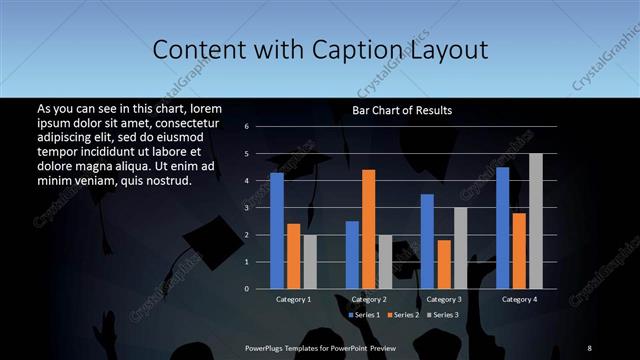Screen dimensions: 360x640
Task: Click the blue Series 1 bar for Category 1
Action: (277, 230)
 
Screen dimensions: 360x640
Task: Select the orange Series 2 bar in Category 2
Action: (368, 229)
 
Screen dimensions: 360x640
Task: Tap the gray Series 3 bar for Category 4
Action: (535, 221)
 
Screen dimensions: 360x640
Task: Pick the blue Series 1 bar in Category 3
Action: (427, 241)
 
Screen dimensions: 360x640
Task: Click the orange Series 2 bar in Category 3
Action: (443, 264)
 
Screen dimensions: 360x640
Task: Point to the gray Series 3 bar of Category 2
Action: (385, 261)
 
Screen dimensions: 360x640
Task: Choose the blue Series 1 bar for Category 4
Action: (502, 227)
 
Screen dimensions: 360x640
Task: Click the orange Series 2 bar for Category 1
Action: (293, 256)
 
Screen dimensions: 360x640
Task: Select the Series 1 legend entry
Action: (364, 315)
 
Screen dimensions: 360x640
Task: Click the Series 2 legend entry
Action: (402, 315)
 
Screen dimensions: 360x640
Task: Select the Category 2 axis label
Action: (368, 299)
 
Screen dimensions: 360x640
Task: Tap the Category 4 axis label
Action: (518, 299)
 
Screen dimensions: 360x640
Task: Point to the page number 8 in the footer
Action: (589, 347)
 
